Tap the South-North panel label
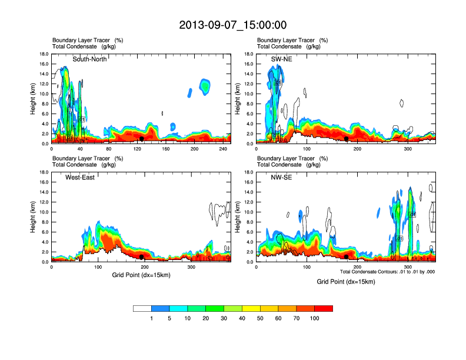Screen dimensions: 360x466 [x=89, y=59]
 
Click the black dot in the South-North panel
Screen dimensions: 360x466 [x=142, y=139]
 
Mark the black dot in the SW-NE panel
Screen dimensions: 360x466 [x=347, y=139]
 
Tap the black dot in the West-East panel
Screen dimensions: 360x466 [x=142, y=257]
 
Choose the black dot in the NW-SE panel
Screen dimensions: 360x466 [x=347, y=257]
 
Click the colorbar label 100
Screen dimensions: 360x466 [x=315, y=318]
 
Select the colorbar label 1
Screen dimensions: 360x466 [x=151, y=318]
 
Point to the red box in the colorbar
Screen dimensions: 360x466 [x=324, y=308]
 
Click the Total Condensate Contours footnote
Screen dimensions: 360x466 [x=387, y=271]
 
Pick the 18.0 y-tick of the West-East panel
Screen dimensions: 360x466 [x=44, y=172]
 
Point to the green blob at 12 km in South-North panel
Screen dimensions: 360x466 [x=205, y=87]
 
